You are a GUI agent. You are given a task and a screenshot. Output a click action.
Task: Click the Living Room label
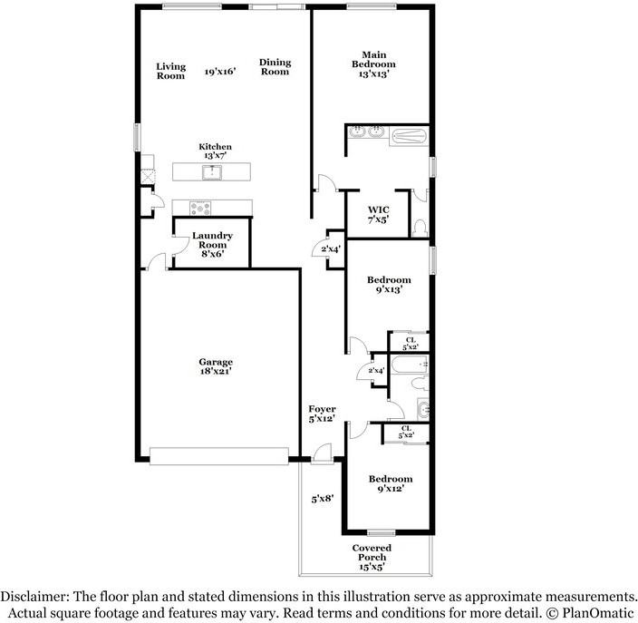(x=170, y=71)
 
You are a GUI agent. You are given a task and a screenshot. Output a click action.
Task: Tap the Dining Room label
(x=275, y=67)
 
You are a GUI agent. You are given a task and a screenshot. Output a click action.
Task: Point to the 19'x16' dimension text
(x=220, y=71)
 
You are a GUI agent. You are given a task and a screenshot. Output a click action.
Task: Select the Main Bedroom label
(x=373, y=60)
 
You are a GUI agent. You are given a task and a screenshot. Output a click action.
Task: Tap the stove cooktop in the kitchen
(x=200, y=206)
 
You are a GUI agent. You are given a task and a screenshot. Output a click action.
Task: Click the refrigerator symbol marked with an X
(x=146, y=175)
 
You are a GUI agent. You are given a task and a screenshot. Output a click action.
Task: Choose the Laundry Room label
(x=212, y=240)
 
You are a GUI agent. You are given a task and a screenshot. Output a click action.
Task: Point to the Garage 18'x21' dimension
(x=216, y=372)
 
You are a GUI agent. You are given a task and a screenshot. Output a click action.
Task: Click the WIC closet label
(x=378, y=209)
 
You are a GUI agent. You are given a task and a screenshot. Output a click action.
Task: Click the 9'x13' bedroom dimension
(x=388, y=290)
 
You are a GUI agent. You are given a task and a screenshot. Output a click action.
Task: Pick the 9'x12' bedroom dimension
(x=389, y=488)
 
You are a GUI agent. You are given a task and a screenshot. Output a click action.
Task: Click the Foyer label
(x=322, y=410)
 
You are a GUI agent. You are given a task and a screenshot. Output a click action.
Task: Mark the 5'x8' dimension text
(x=323, y=498)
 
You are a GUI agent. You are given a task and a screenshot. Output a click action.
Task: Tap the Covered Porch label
(x=372, y=552)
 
